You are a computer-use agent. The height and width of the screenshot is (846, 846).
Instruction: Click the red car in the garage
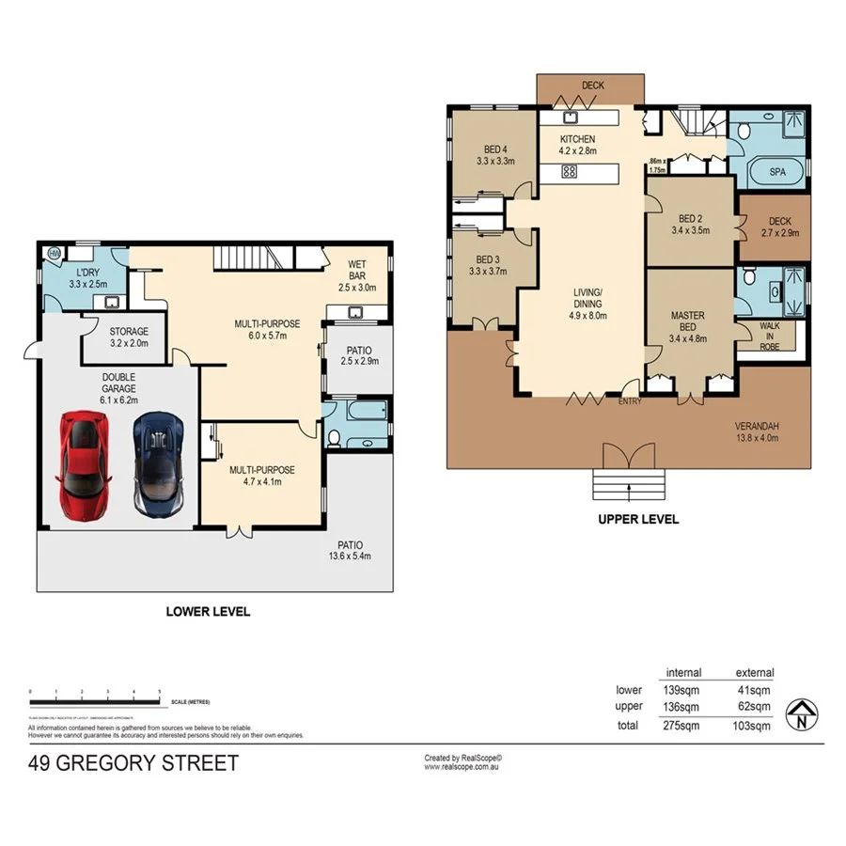coord(83,464)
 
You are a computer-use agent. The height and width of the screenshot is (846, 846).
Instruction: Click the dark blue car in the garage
coord(157,465)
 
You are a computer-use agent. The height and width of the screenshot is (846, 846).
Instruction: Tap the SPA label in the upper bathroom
coord(776,174)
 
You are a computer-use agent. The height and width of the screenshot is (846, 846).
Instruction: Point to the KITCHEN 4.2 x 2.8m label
coord(577,144)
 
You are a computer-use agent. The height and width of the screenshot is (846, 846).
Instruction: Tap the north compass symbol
coord(800,715)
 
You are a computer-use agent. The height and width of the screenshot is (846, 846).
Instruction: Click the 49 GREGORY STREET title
coord(133,762)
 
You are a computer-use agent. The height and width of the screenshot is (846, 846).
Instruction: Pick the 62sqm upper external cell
coord(754,707)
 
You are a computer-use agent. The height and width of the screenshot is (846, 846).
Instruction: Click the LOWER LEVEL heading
coord(208,611)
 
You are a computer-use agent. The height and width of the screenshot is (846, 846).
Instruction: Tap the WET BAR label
coord(356,270)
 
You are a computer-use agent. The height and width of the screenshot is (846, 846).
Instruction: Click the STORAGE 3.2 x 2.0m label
coord(128,337)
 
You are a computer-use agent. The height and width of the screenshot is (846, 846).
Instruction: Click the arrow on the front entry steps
coord(628,487)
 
